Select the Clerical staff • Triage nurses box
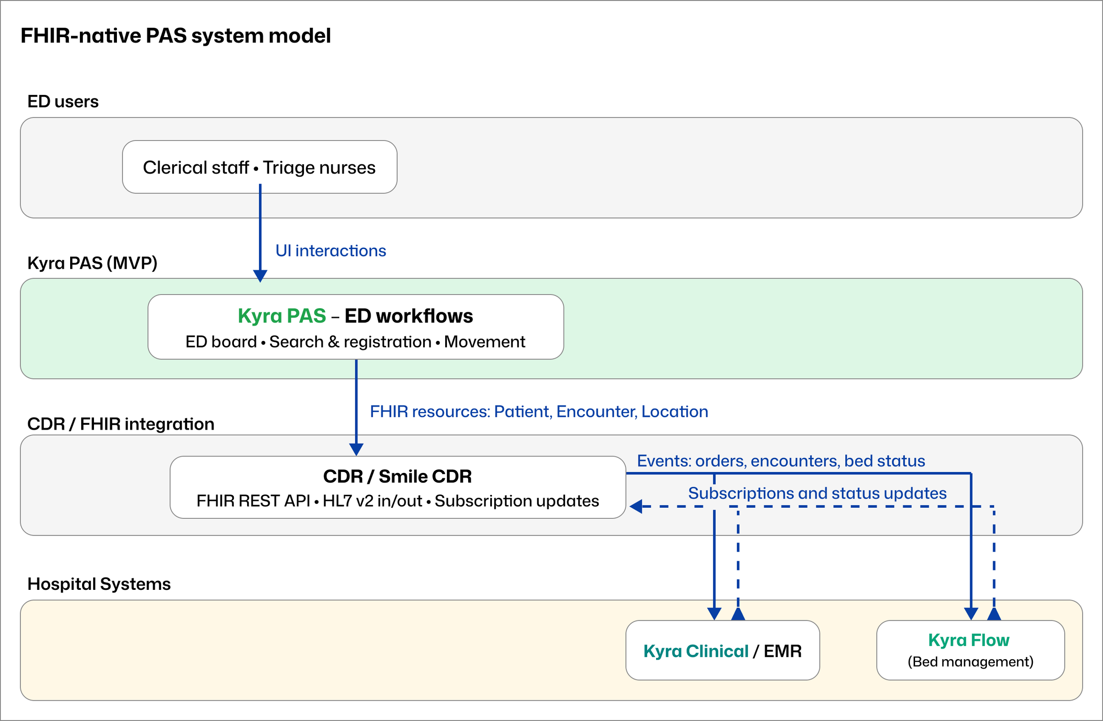pos(259,167)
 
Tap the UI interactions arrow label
pos(330,250)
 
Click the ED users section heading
pos(63,101)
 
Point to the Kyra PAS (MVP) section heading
pos(92,263)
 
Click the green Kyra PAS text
pos(282,316)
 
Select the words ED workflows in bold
pos(408,316)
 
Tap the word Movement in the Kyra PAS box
pos(484,342)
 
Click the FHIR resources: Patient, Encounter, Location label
pos(539,411)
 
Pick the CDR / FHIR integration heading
pos(120,424)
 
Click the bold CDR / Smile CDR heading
pos(397,476)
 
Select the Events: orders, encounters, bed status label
pos(781,461)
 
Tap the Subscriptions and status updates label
pos(817,493)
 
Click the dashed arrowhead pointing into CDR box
pos(635,506)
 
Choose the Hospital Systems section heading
pos(99,584)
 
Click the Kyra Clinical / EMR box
pos(722,650)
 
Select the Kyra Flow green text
pos(968,640)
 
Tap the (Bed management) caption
pos(970,662)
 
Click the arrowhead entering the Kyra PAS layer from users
pos(260,276)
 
